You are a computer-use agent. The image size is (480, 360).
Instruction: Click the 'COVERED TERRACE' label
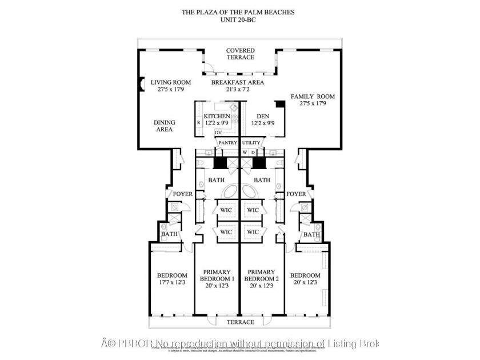tap(240, 54)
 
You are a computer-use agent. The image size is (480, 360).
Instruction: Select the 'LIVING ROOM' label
tap(171, 82)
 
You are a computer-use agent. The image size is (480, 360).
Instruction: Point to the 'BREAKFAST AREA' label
tap(237, 82)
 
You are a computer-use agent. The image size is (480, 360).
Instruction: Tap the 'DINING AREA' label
tap(165, 126)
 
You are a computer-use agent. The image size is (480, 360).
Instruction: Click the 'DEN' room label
tap(263, 117)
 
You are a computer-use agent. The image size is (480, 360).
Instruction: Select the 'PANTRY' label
tap(227, 142)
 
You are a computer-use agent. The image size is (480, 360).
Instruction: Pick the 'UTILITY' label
tap(251, 142)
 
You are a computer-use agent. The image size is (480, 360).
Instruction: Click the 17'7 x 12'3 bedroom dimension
tap(171, 282)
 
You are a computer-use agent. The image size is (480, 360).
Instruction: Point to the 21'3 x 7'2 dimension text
tap(237, 90)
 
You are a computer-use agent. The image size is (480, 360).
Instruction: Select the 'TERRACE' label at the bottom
tap(240, 322)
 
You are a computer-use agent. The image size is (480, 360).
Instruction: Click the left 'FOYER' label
tap(183, 194)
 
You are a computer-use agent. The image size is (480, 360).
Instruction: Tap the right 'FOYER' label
tap(296, 194)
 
